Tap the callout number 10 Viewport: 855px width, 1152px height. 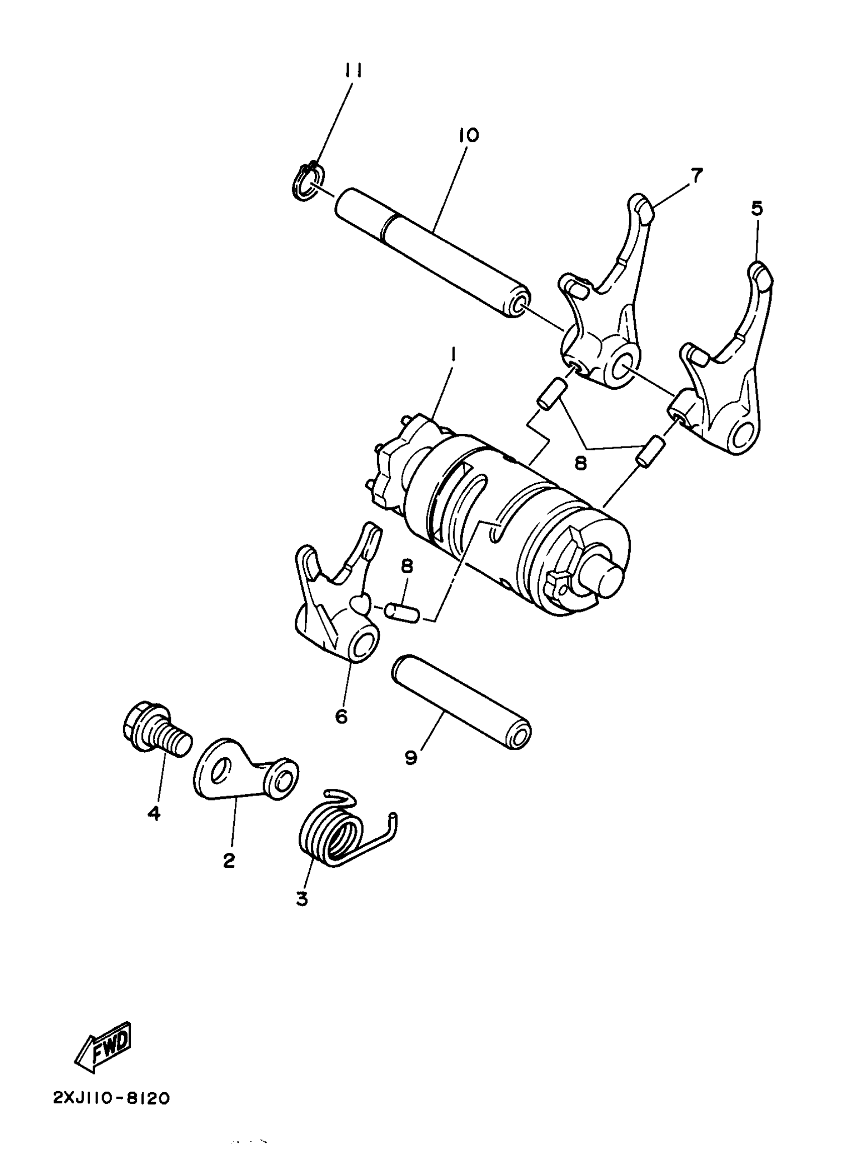pyautogui.click(x=468, y=136)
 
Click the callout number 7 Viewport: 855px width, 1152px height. pyautogui.click(x=697, y=176)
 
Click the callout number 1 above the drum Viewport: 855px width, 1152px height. pyautogui.click(x=453, y=354)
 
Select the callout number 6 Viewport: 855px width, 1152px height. pyautogui.click(x=341, y=716)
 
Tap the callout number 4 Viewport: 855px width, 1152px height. pyautogui.click(x=154, y=813)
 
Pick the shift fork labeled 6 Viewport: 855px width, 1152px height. pyautogui.click(x=336, y=600)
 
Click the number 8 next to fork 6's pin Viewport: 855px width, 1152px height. pyautogui.click(x=407, y=566)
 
